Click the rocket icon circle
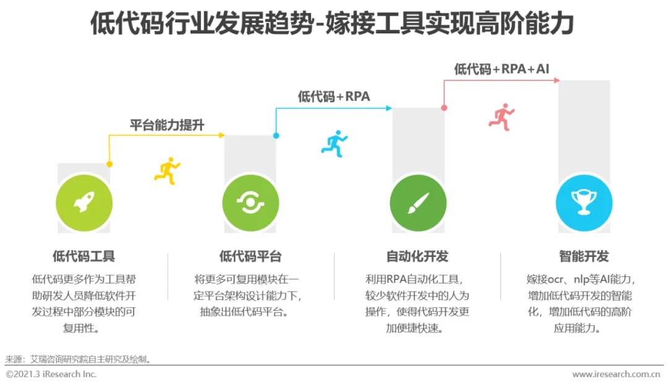point(84,202)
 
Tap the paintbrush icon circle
point(417,202)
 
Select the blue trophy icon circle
point(584,202)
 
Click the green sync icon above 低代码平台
point(250,202)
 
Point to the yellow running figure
point(166,170)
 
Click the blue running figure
point(334,143)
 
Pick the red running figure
point(502,116)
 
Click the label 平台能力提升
point(167,125)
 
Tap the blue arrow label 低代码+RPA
point(334,97)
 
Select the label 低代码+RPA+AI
point(502,69)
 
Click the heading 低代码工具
point(84,256)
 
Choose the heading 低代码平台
point(250,256)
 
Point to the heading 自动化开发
point(417,256)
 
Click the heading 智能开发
point(584,256)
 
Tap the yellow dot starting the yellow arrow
point(109,164)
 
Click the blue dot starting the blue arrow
point(276,135)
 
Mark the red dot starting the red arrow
point(444,108)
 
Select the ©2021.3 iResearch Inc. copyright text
point(51,374)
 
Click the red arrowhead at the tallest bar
point(557,80)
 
